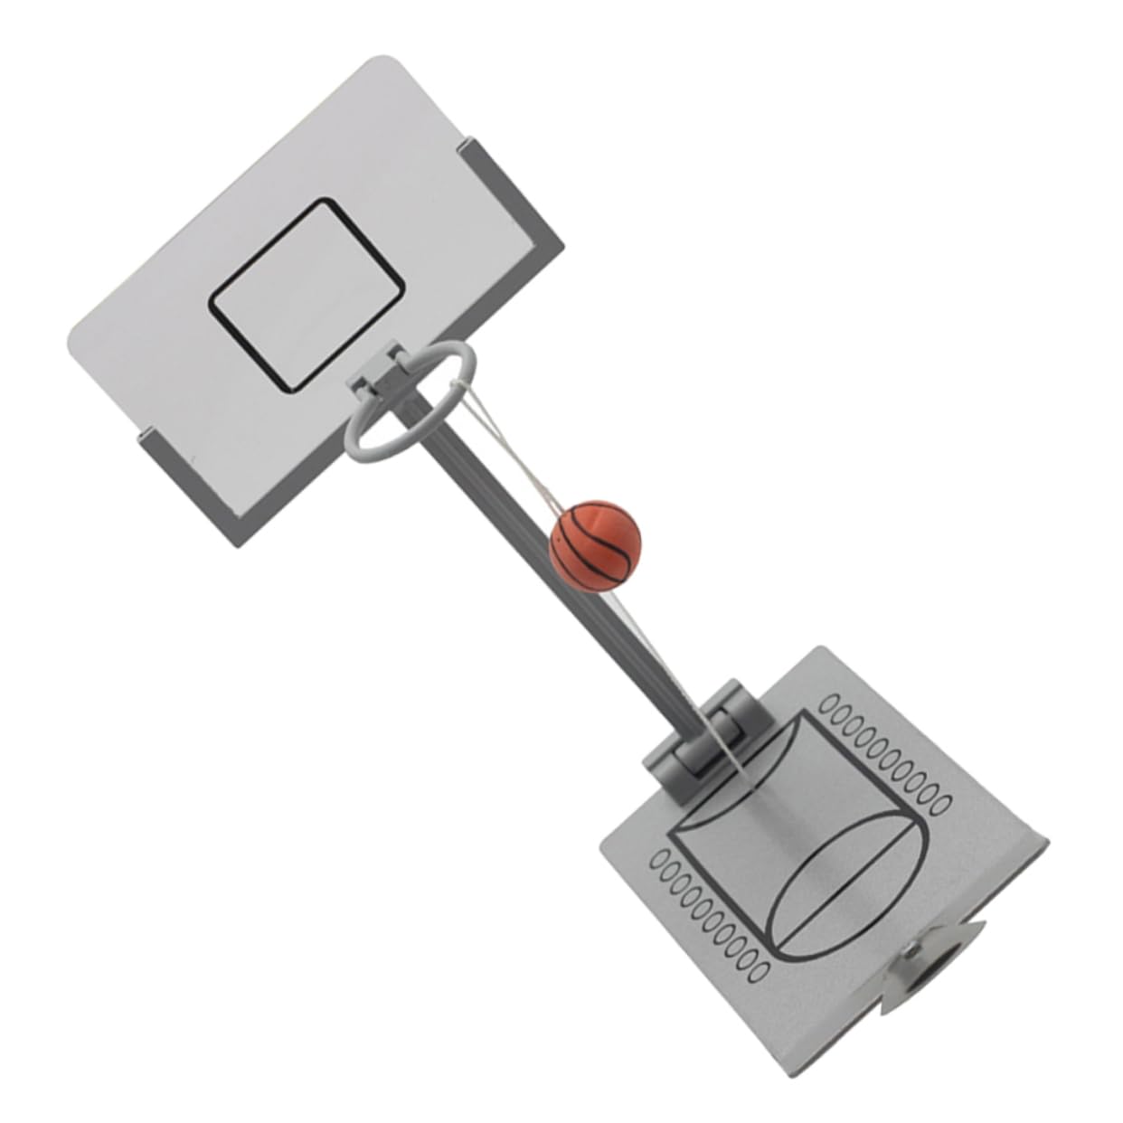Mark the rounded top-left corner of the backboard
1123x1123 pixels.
tap(380, 63)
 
